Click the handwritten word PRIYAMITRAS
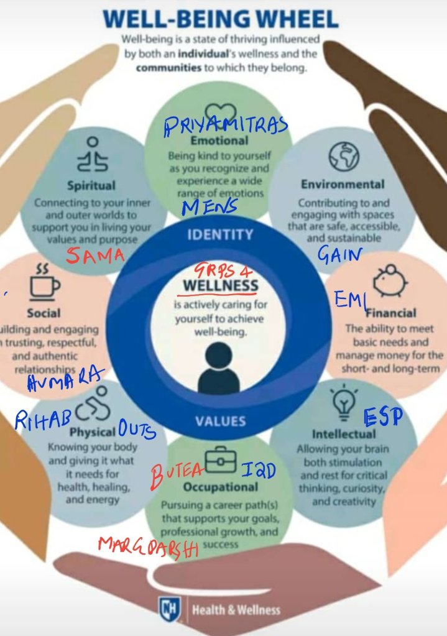[x=226, y=127]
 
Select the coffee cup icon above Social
[x=45, y=284]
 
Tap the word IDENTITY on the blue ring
[x=220, y=235]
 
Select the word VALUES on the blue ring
[x=219, y=421]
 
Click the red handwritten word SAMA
[x=95, y=255]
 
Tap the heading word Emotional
[x=219, y=141]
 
